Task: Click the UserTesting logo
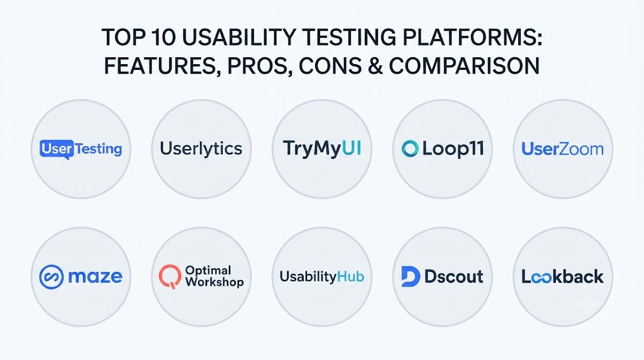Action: pos(81,149)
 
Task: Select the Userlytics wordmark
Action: pos(201,149)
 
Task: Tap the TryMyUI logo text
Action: pos(322,149)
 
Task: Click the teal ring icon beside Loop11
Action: pos(410,149)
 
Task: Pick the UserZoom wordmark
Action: pos(563,149)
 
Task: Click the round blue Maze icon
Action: pos(52,276)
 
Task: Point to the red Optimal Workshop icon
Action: pos(170,276)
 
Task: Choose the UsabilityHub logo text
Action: pos(322,276)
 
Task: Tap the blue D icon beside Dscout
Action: pos(410,276)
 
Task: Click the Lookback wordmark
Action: pos(563,276)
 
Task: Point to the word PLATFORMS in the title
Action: pos(472,37)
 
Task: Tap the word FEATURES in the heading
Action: pos(160,65)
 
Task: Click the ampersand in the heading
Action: pos(375,65)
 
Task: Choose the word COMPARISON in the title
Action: pos(464,65)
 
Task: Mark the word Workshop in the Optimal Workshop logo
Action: pos(214,283)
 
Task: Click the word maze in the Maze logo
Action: pos(96,277)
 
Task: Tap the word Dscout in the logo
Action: pos(454,276)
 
